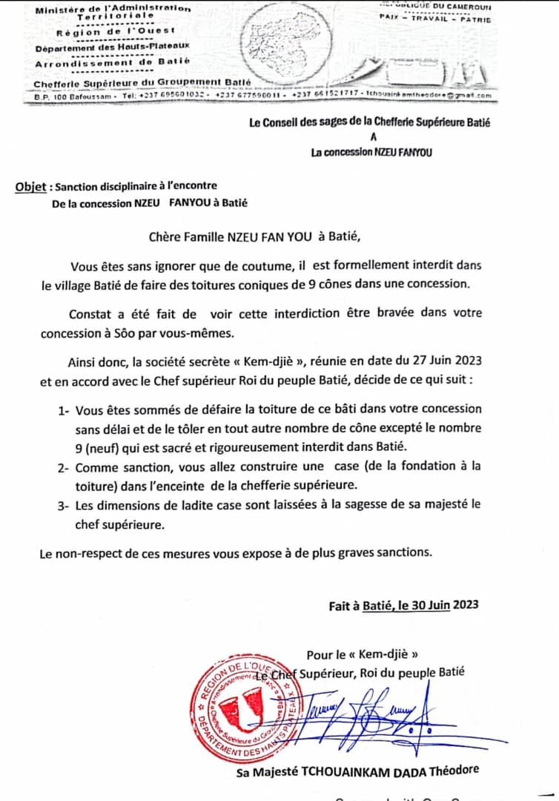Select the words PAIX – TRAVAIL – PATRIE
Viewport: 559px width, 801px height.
pyautogui.click(x=434, y=20)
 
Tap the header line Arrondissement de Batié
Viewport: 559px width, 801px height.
pyautogui.click(x=113, y=64)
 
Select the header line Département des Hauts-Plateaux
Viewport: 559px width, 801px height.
pyautogui.click(x=113, y=47)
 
